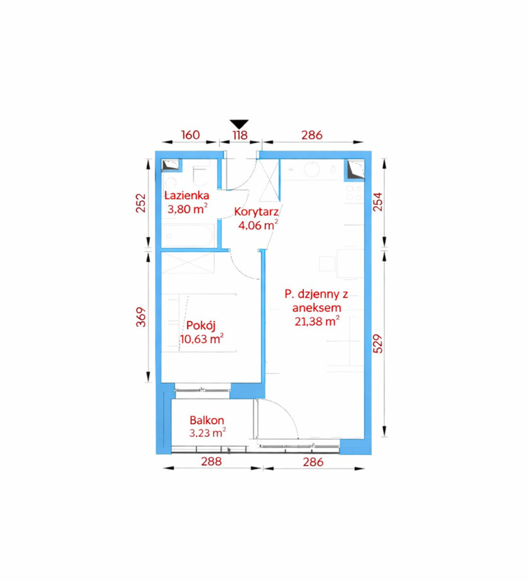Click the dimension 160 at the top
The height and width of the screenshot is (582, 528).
click(190, 135)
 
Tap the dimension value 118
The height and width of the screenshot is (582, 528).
click(240, 135)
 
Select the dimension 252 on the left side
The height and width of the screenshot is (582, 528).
click(141, 203)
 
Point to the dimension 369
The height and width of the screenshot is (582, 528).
click(141, 317)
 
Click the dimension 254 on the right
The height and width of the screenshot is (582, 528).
click(377, 201)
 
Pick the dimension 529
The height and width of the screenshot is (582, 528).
click(377, 344)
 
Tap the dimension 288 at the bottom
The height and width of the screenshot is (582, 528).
click(211, 461)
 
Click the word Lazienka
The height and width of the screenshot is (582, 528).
click(187, 195)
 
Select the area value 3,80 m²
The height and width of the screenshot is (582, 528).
click(187, 209)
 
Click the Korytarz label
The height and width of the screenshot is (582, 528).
click(256, 212)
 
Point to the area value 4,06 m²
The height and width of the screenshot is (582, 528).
click(258, 225)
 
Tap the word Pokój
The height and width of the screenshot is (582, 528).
click(201, 325)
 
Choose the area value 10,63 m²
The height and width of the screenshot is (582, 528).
click(201, 339)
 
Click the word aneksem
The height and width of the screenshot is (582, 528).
click(317, 307)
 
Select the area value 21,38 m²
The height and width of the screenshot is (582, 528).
click(317, 321)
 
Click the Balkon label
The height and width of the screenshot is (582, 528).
click(207, 420)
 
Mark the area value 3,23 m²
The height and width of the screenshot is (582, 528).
click(208, 433)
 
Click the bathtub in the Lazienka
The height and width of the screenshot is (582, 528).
click(188, 235)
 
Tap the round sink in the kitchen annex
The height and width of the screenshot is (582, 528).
click(312, 169)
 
